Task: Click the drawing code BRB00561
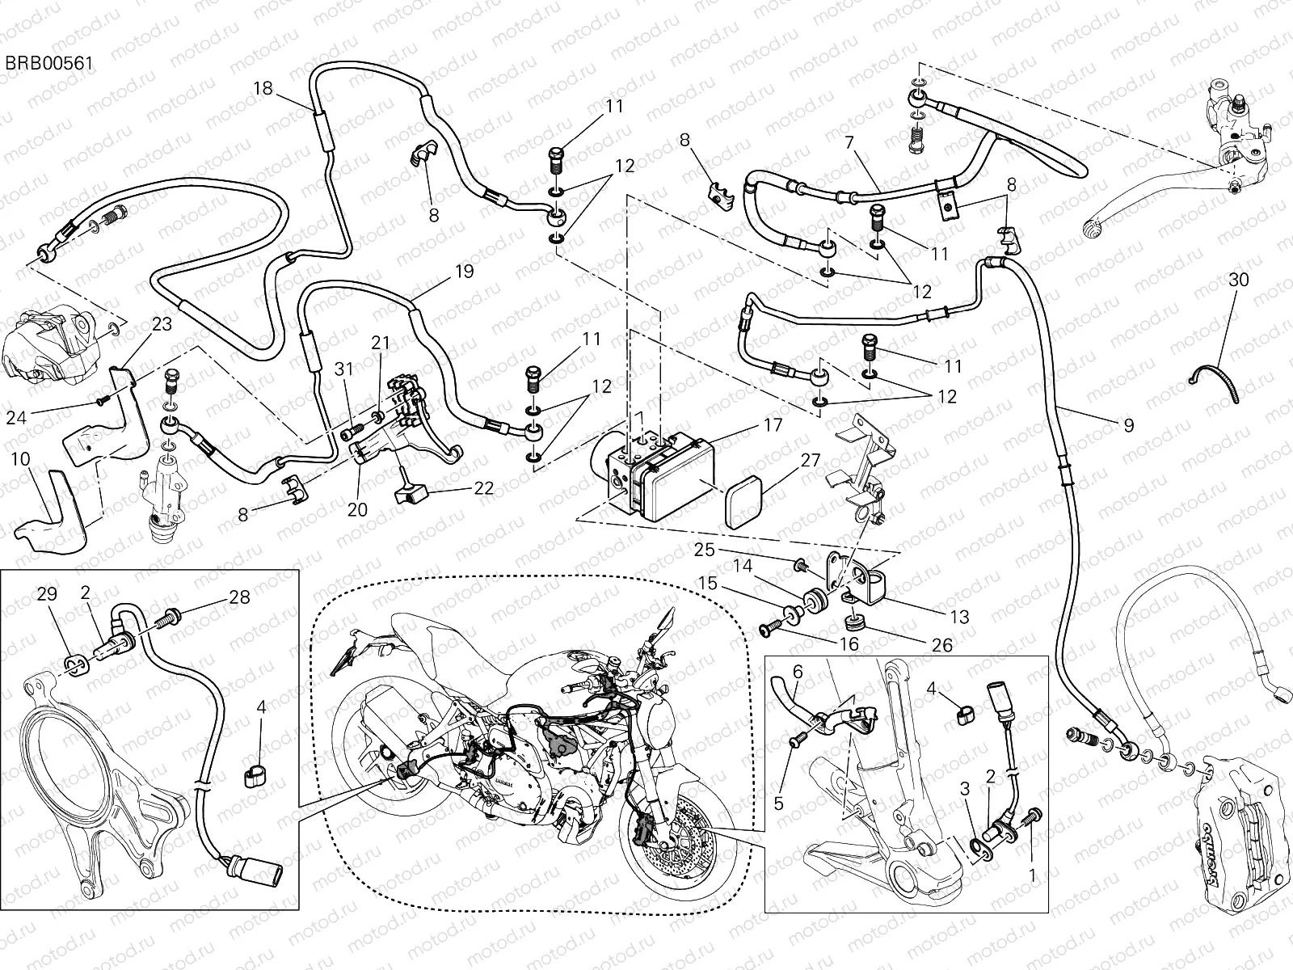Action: [x=49, y=62]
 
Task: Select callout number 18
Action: [x=263, y=88]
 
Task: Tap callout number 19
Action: [x=464, y=272]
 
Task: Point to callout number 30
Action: [x=1237, y=280]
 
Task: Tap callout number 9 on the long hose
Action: [x=1128, y=424]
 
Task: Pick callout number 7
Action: [x=871, y=143]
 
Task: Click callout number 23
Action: [x=162, y=324]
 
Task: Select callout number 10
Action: [x=21, y=459]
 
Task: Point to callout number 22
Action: [x=484, y=489]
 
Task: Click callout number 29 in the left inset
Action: [x=48, y=594]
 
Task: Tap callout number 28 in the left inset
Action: [x=239, y=597]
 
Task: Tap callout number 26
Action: [x=941, y=645]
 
